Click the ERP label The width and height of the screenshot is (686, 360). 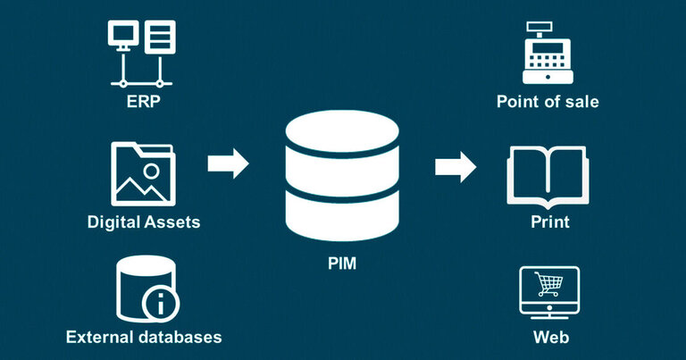(x=143, y=101)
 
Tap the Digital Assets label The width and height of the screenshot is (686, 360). (x=143, y=221)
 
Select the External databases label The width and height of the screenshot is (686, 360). (x=143, y=337)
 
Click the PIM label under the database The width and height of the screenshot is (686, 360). (x=342, y=264)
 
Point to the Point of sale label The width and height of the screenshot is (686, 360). (x=548, y=101)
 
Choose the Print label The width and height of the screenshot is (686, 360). (x=548, y=221)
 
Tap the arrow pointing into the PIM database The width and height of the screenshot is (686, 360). (x=227, y=164)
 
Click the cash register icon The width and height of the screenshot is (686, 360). (x=547, y=52)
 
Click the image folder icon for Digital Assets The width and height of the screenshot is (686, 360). (x=143, y=173)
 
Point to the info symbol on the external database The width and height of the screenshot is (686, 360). (x=161, y=305)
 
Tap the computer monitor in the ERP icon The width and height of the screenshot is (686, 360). (x=122, y=36)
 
